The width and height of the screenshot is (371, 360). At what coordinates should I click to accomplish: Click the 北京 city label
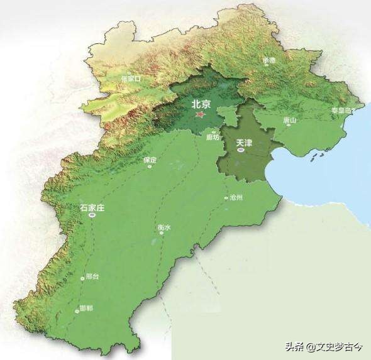tap(201, 102)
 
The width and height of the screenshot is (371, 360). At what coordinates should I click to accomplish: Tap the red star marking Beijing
tap(200, 115)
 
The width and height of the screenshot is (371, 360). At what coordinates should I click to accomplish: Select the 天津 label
tap(244, 143)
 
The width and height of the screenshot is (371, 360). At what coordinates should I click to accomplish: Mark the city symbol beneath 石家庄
tap(92, 215)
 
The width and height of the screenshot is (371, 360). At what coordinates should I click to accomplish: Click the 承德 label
tap(269, 60)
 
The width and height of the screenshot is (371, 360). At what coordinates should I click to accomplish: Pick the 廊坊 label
tap(213, 136)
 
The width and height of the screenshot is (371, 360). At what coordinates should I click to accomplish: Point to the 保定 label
tap(150, 160)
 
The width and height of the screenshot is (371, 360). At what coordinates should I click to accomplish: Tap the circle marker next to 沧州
tap(226, 199)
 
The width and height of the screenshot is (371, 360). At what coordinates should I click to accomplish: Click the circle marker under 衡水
tap(162, 233)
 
